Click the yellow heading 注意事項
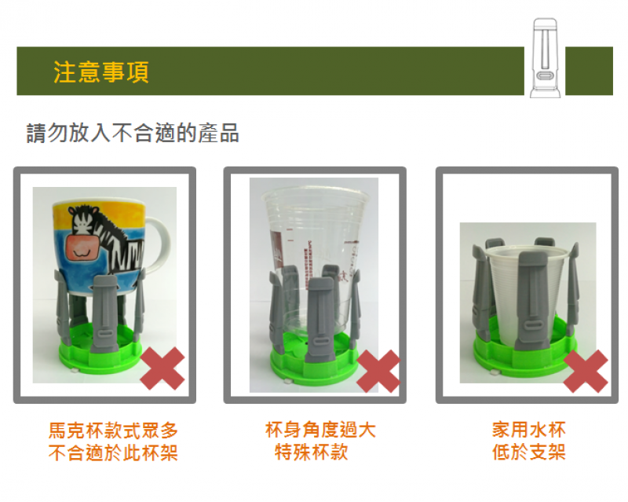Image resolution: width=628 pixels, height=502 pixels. pos(101,72)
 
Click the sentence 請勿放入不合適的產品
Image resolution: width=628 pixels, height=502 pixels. pos(133,133)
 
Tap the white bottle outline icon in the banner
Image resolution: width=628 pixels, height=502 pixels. pos(545,57)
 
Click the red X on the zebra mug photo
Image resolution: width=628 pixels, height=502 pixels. pos(162,368)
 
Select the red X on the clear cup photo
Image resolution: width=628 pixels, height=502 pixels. pos(378,371)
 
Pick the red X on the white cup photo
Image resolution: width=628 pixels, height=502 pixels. pos(586,371)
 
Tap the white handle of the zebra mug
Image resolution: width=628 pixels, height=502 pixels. pos(159,244)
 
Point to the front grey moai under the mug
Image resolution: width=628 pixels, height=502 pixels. pos(105,313)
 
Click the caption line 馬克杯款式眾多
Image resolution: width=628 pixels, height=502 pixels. pos(113,431)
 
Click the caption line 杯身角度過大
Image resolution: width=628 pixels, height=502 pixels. pos(320,430)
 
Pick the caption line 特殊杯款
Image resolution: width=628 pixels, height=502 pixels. pos(312,453)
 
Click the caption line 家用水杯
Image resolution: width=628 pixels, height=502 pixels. pos(528,430)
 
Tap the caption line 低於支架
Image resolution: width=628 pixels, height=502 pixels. pos(528,453)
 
